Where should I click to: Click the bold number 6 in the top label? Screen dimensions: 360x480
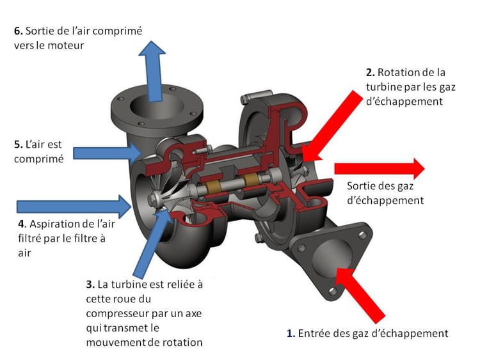click(18, 29)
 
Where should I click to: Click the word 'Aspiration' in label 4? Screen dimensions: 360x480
click(53, 224)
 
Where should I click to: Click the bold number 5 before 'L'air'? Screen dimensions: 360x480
click(17, 145)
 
